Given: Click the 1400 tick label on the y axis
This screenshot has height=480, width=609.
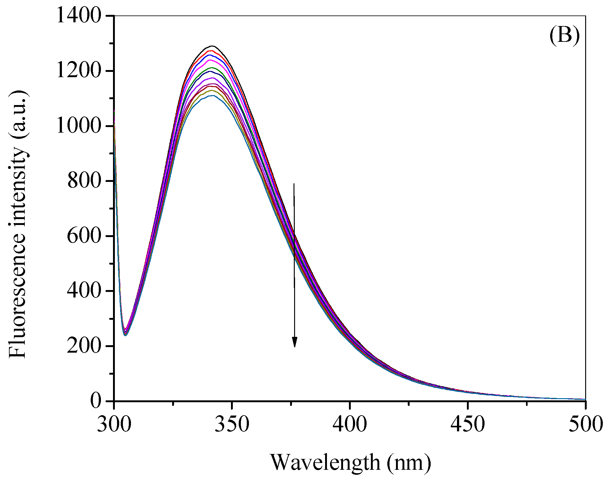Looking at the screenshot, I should pyautogui.click(x=79, y=16).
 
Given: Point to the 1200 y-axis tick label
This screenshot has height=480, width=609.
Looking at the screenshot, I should pyautogui.click(x=79, y=71).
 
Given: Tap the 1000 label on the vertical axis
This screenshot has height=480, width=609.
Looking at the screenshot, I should pyautogui.click(x=79, y=126).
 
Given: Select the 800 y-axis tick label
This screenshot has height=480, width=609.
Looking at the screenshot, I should pyautogui.click(x=84, y=181).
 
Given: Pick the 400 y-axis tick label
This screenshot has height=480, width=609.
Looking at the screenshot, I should pyautogui.click(x=84, y=291).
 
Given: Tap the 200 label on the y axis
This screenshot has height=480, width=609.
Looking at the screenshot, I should pyautogui.click(x=84, y=346).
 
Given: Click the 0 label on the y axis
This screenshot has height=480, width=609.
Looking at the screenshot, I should pyautogui.click(x=96, y=401).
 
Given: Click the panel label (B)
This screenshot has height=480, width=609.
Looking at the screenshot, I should pyautogui.click(x=564, y=36).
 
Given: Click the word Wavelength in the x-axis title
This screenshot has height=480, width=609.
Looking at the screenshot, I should pyautogui.click(x=325, y=462).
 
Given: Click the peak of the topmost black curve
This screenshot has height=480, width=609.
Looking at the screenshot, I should pyautogui.click(x=213, y=46).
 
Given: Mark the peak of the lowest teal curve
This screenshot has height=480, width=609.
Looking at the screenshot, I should pyautogui.click(x=212, y=96).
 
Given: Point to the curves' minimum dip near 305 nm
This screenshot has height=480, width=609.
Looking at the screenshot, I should pyautogui.click(x=125, y=333).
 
